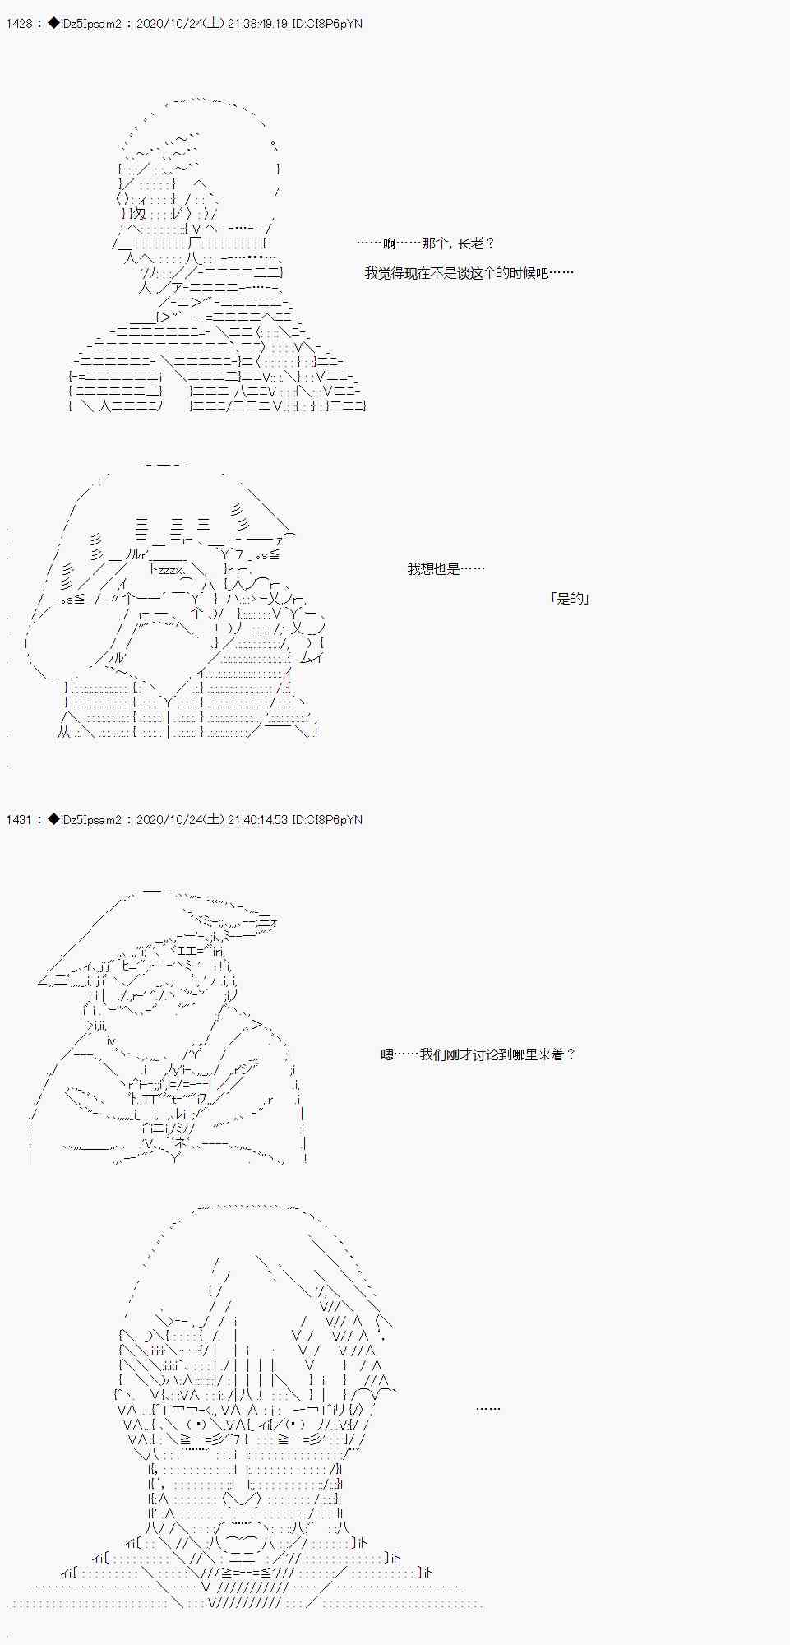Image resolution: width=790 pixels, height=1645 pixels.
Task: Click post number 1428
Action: pos(19,24)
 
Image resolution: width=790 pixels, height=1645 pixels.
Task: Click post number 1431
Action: pos(19,820)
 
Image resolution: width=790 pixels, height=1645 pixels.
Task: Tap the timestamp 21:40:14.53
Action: pos(256,820)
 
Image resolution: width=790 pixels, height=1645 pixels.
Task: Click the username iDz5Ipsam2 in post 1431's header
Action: pos(91,820)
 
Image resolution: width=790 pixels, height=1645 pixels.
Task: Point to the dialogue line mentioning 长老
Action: pos(427,243)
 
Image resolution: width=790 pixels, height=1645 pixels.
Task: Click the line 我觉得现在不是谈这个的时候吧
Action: pos(469,273)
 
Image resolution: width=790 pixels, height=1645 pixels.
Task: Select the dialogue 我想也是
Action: pos(446,568)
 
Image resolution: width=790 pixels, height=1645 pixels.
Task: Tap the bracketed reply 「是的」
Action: pos(570,598)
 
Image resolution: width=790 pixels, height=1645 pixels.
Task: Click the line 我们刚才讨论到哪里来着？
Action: pos(478,1054)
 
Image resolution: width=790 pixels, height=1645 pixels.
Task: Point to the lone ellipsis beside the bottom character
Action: pos(487,1409)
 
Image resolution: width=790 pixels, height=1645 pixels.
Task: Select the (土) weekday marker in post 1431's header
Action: pos(212,820)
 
